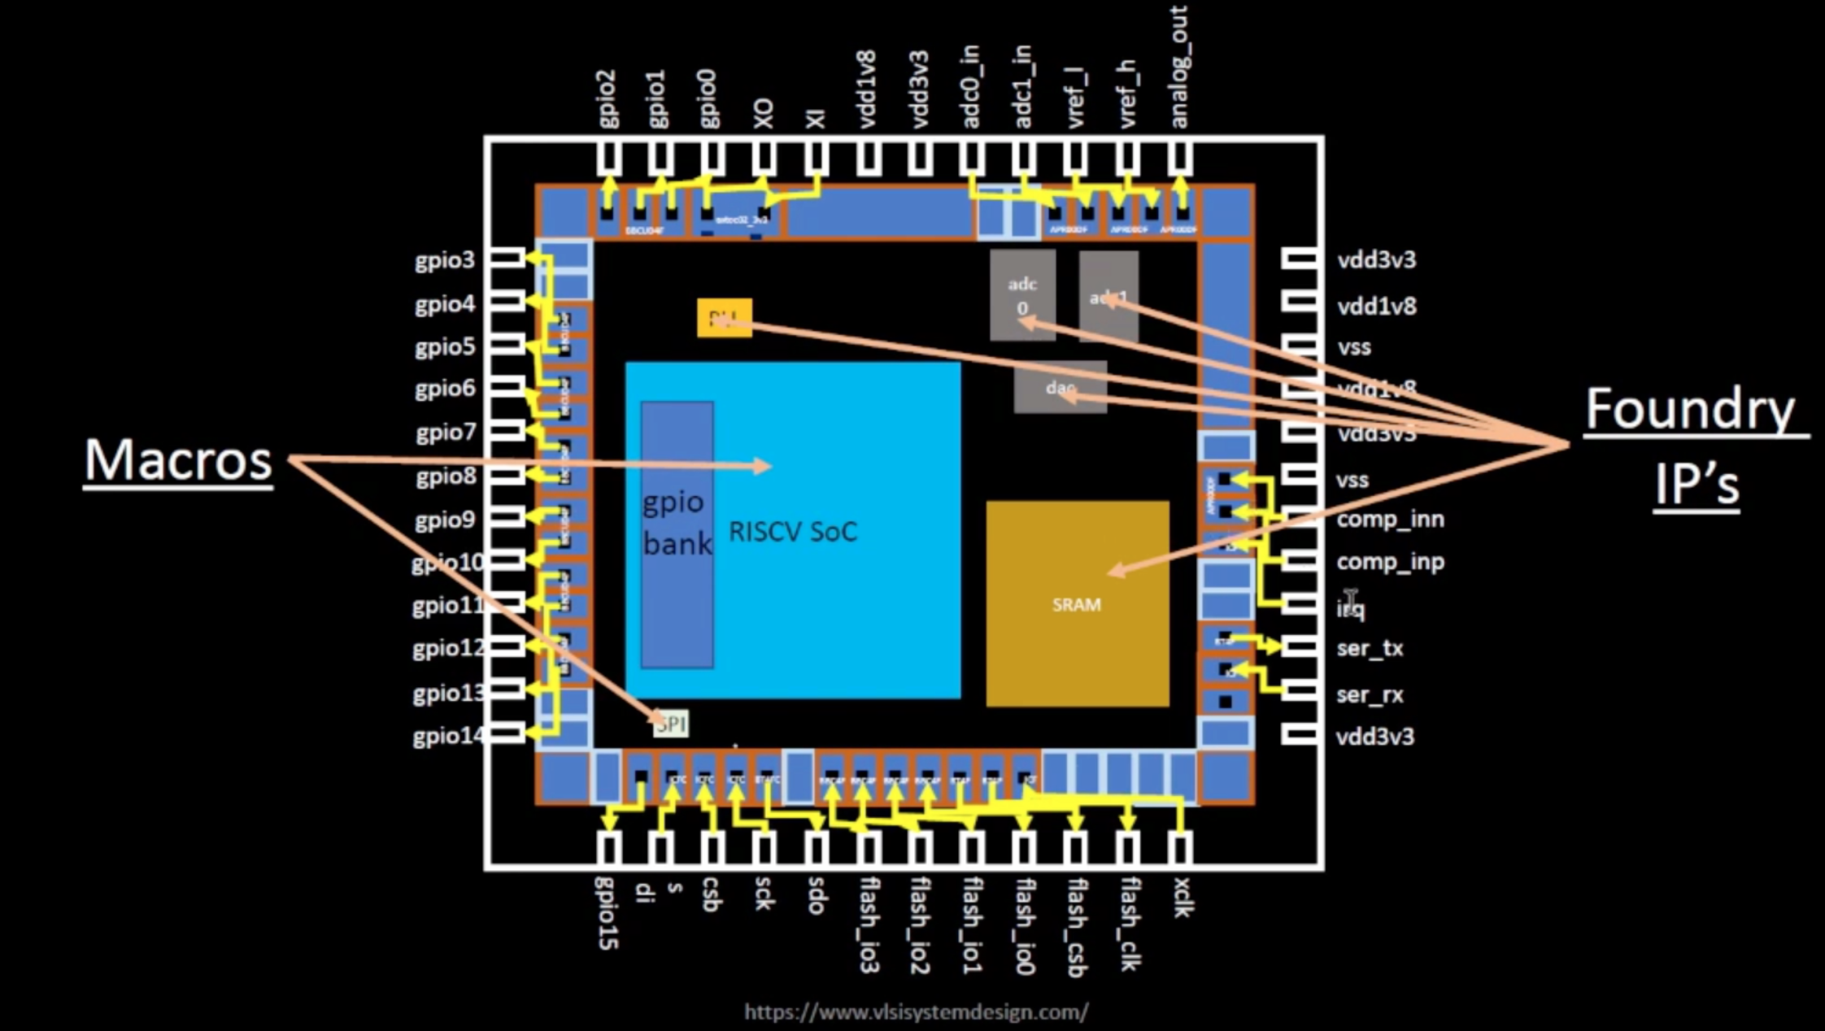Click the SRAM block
click(1077, 604)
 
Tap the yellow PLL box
click(724, 318)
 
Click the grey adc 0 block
click(1022, 294)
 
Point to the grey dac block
click(1059, 387)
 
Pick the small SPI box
click(671, 724)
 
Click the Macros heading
click(178, 460)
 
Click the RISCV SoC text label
click(792, 532)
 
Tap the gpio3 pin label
click(444, 260)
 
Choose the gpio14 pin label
click(446, 736)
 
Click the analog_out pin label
click(1178, 67)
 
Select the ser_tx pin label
click(1370, 648)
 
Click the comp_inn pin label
click(1390, 519)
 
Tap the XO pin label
click(764, 114)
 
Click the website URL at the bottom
click(916, 1012)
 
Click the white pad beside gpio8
click(506, 476)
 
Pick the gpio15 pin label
click(608, 912)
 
